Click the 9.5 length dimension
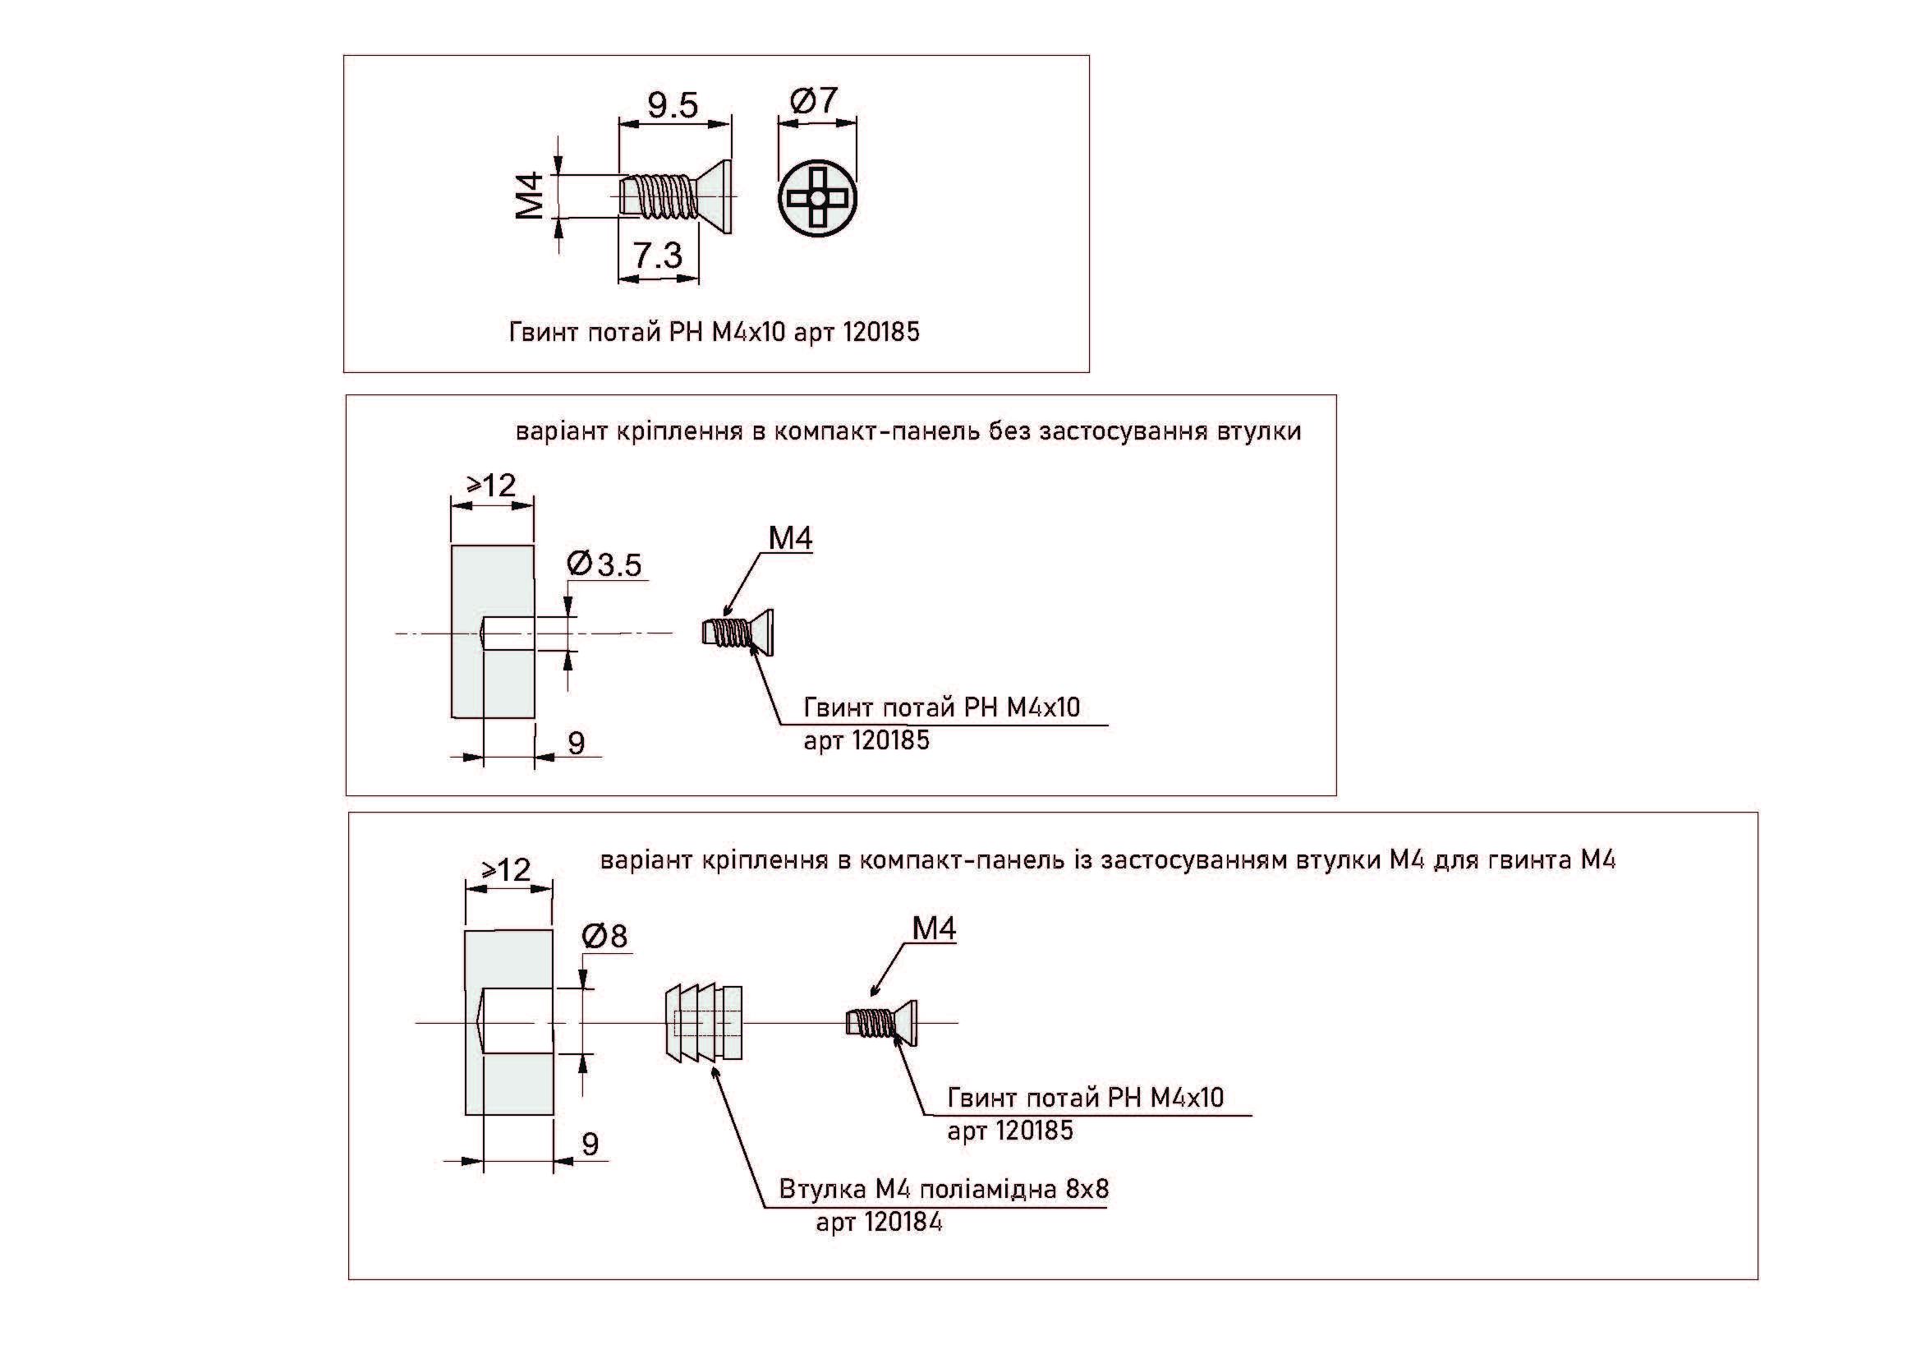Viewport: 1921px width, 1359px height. pyautogui.click(x=673, y=105)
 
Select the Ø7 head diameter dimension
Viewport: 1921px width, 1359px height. pyautogui.click(x=814, y=100)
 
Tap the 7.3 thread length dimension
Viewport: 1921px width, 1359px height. pyautogui.click(x=658, y=256)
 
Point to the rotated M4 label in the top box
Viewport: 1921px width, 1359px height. pyautogui.click(x=531, y=196)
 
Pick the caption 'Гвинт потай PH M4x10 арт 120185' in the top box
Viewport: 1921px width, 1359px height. pyautogui.click(x=714, y=332)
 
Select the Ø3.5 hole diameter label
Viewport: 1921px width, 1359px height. pyautogui.click(x=604, y=564)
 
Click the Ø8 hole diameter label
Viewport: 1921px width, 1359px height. pyautogui.click(x=605, y=936)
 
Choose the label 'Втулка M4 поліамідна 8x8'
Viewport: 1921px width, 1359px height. pyautogui.click(x=943, y=1189)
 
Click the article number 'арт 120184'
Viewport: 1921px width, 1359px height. pyautogui.click(x=879, y=1223)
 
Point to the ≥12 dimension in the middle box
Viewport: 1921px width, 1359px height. pyautogui.click(x=492, y=485)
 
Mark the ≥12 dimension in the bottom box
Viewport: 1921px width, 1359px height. pyautogui.click(x=507, y=869)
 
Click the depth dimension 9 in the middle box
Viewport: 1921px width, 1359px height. pyautogui.click(x=577, y=742)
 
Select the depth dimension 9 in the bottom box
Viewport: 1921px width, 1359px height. pyautogui.click(x=590, y=1144)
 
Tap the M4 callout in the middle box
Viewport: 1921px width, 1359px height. pyautogui.click(x=790, y=539)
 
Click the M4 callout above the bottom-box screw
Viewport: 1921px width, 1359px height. pyautogui.click(x=934, y=928)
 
